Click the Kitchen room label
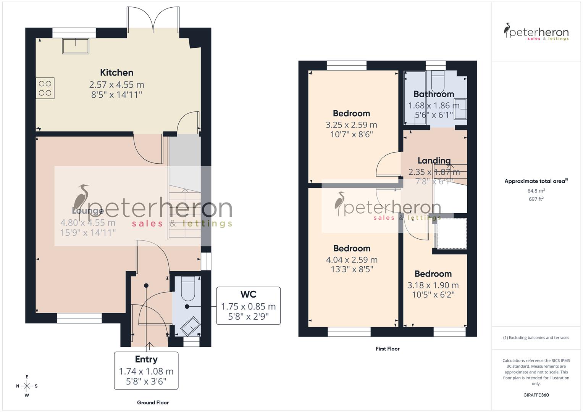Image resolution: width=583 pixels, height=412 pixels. (x=116, y=72)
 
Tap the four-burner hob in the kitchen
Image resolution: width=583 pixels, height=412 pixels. (x=45, y=88)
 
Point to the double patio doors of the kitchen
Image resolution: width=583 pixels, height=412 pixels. (x=153, y=20)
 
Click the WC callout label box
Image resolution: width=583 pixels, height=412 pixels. (x=248, y=306)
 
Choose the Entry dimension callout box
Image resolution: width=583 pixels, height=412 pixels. (x=146, y=370)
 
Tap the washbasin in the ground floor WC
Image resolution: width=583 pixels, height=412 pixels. (x=191, y=326)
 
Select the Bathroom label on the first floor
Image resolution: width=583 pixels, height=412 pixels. (x=434, y=94)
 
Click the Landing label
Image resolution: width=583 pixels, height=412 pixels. (x=434, y=161)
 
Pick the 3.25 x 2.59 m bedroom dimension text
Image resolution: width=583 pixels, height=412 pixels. (x=351, y=125)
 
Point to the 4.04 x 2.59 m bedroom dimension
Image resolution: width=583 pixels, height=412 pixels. (x=352, y=260)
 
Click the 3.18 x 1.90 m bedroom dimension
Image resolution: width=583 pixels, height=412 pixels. (x=433, y=285)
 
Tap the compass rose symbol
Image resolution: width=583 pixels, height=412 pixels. (x=27, y=386)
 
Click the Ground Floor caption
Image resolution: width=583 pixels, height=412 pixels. (x=153, y=402)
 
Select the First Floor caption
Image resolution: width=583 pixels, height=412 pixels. (x=388, y=349)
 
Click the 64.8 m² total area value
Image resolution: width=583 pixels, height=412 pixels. (x=536, y=191)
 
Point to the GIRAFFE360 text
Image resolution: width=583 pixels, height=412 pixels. (x=536, y=395)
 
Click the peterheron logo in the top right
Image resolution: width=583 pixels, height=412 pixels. (x=536, y=32)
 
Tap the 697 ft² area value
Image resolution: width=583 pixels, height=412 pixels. (x=536, y=199)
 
